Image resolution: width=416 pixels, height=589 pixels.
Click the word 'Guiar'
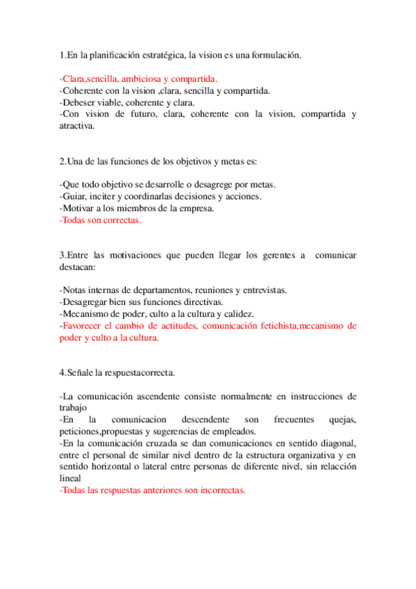pyautogui.click(x=74, y=197)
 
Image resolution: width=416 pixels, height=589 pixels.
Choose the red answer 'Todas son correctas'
pyautogui.click(x=101, y=220)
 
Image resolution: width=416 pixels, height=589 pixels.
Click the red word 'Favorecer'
pyautogui.click(x=83, y=325)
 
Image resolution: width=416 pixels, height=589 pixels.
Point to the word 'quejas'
pyautogui.click(x=340, y=420)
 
